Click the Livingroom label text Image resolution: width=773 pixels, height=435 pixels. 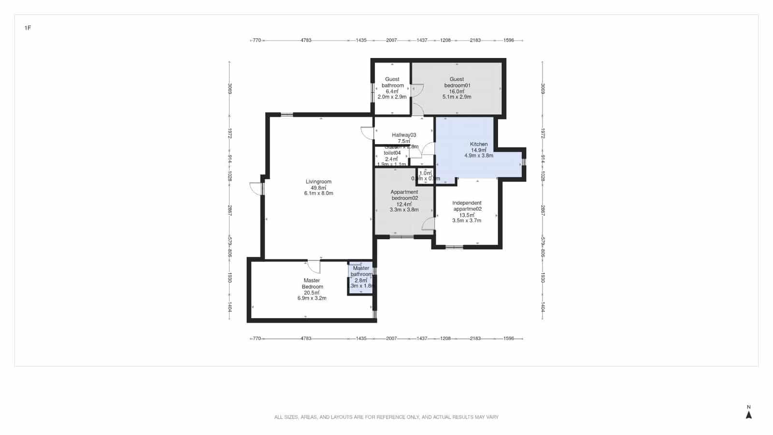[318, 182]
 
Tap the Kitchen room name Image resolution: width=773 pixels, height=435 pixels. [479, 144]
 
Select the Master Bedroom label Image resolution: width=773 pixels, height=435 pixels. [312, 283]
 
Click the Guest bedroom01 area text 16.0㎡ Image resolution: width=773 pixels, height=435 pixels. [457, 91]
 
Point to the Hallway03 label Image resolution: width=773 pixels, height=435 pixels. [404, 135]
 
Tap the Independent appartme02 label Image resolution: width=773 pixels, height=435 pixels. [467, 206]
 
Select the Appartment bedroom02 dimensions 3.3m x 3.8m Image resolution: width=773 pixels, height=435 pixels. [404, 210]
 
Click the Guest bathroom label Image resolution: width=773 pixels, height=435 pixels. [392, 82]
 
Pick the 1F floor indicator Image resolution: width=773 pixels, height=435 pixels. [28, 28]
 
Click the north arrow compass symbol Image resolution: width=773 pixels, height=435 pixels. [749, 414]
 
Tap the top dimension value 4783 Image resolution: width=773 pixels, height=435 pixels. [306, 40]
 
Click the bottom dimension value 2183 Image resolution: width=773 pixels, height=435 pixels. [475, 338]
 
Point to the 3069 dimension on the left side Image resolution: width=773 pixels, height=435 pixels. [230, 88]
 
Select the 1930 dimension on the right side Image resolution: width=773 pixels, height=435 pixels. [543, 277]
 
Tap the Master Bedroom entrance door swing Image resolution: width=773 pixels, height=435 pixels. [314, 266]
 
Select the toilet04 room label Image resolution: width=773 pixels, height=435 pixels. [392, 153]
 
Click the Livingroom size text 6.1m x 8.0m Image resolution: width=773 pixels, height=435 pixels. [318, 193]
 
